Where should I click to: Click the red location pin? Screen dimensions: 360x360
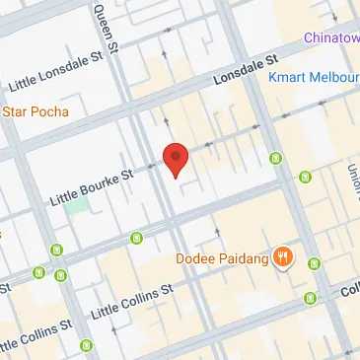point(176,158)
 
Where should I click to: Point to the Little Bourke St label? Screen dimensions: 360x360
point(91,188)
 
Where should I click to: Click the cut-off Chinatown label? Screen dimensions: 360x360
point(331,37)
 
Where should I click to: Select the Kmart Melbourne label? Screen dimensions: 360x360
point(314,76)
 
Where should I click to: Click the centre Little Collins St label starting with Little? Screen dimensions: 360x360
point(132,301)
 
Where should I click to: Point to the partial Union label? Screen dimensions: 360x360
point(352,178)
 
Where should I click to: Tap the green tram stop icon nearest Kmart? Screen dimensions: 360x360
point(278,157)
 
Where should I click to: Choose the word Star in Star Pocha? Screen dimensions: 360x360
point(14,111)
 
